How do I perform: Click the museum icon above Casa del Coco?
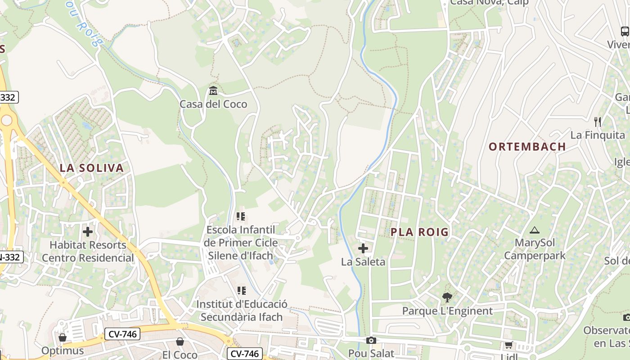[213, 91]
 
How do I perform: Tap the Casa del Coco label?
[213, 104]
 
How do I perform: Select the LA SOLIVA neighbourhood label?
[91, 168]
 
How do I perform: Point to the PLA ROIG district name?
[419, 232]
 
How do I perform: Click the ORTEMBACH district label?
[527, 147]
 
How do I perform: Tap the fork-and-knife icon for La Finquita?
[598, 121]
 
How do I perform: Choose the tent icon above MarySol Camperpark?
[535, 230]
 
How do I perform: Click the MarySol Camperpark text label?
[535, 249]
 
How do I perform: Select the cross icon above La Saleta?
[363, 248]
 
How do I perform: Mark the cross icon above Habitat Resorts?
[88, 232]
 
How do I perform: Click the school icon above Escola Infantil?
[241, 217]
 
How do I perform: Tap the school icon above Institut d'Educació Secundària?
[242, 291]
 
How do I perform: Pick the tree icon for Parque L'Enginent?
[447, 297]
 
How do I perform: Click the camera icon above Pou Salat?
[371, 340]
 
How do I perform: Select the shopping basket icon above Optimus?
[63, 337]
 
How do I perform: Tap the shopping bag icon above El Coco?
[180, 342]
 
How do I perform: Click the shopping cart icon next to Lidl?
[508, 345]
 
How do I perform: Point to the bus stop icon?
[625, 31]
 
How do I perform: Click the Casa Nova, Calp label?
[489, 3]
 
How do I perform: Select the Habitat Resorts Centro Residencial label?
[88, 252]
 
